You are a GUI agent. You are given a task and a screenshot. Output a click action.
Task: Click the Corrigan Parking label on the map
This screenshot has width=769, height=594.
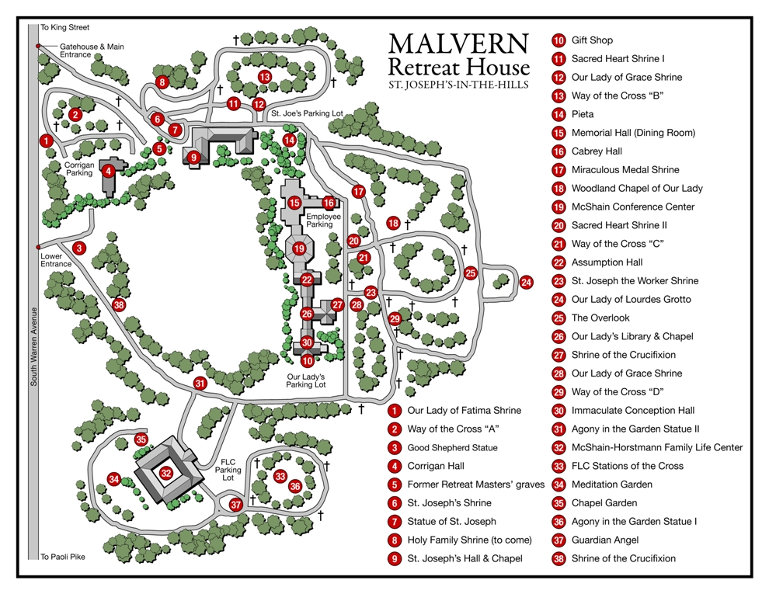[x=79, y=168]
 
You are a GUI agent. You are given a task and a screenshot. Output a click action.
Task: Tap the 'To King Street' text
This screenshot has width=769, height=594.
[x=65, y=27]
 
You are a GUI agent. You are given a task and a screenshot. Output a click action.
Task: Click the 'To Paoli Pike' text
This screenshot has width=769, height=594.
[x=64, y=556]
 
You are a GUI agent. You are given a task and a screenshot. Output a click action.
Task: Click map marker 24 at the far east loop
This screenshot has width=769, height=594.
[x=526, y=282]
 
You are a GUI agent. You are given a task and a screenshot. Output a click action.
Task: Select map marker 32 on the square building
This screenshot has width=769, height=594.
[x=165, y=472]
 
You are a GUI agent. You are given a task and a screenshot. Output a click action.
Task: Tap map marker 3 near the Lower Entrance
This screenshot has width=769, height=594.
[x=78, y=248]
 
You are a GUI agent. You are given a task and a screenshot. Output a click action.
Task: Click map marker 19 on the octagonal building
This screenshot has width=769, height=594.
[x=299, y=249]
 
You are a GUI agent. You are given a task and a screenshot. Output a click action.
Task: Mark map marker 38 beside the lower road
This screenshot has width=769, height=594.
[x=118, y=304]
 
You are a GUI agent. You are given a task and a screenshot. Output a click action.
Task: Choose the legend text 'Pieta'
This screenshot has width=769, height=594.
[x=583, y=114]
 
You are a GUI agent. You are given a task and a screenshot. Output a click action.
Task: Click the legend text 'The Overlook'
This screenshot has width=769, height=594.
[x=600, y=318]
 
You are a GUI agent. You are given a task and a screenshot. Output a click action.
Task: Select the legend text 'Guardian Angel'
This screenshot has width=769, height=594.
[x=605, y=540]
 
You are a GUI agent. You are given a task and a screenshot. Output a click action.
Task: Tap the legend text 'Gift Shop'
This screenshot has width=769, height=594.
[x=592, y=40]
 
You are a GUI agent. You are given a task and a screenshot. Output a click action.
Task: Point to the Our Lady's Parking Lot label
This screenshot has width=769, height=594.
[x=306, y=380]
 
